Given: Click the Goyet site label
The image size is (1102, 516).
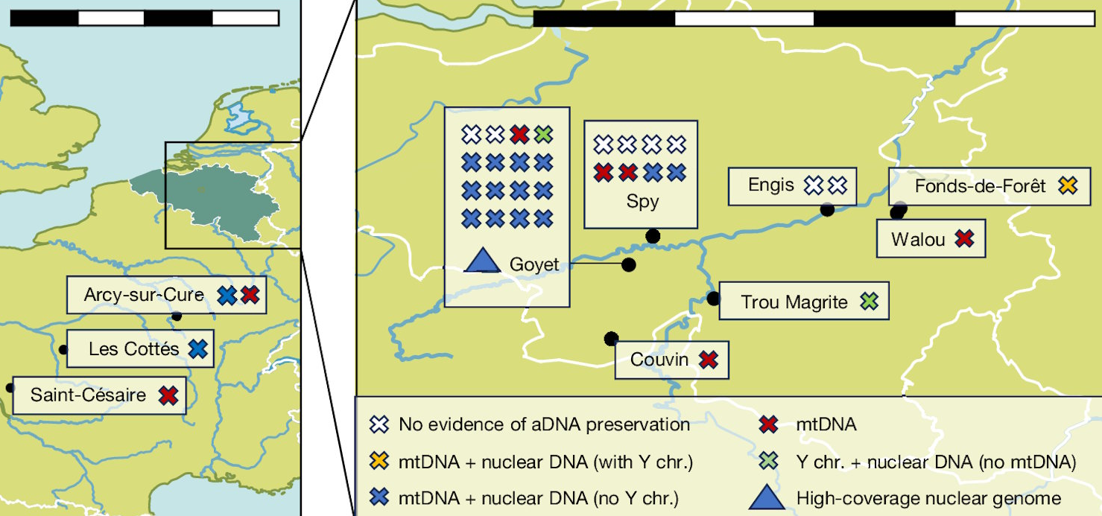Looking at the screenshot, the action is (x=534, y=265).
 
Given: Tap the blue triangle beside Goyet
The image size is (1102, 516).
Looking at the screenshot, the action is (x=483, y=260).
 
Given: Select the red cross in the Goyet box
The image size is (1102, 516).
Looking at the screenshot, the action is (x=519, y=134).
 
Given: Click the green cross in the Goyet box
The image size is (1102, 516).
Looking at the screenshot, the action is (x=544, y=134).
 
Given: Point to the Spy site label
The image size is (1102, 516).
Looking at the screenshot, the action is (x=642, y=202).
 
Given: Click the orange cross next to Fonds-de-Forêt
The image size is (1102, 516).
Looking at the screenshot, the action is (x=1068, y=185).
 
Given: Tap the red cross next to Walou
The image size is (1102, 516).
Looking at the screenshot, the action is (x=964, y=239).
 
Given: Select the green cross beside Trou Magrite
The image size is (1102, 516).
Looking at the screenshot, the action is (x=870, y=302).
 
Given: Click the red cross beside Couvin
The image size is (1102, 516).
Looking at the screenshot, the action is (x=709, y=360).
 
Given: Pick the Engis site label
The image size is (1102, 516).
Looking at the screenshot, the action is (x=771, y=185).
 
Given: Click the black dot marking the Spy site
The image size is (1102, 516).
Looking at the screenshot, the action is (x=653, y=236).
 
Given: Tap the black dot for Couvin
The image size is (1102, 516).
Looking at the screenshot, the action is (x=611, y=339).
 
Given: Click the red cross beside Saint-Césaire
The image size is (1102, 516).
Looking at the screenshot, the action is (x=168, y=395).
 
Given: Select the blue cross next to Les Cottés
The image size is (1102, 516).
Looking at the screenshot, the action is (x=197, y=349).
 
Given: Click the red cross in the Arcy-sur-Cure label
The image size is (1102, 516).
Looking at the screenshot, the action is (x=250, y=295).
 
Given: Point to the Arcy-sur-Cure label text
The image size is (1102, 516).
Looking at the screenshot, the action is (x=144, y=295).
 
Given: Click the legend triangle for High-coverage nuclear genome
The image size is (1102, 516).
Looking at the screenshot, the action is (x=767, y=497).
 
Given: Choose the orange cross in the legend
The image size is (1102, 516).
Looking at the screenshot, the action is (x=379, y=462).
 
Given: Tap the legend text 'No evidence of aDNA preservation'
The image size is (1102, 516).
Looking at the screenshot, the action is (x=544, y=424).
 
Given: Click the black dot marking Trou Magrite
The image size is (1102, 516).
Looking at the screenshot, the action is (x=713, y=299).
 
